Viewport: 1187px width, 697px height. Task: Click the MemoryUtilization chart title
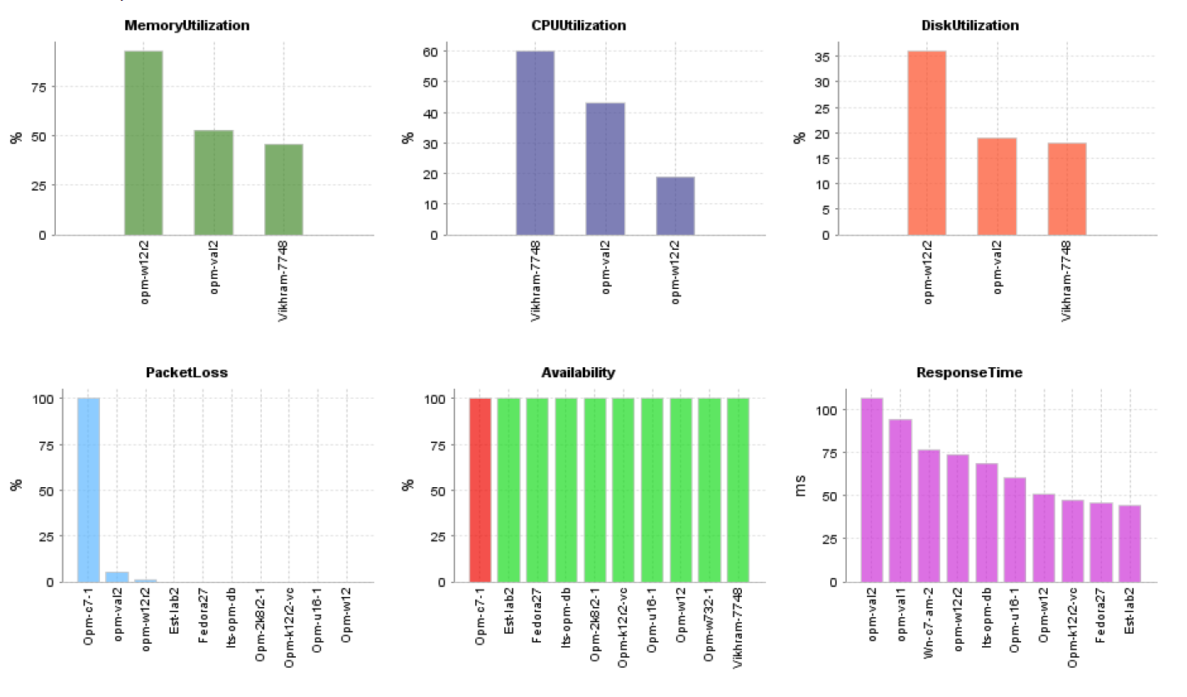187,26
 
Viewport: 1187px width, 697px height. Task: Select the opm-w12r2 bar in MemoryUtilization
143,142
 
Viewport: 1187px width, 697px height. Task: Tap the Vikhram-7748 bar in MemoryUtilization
283,189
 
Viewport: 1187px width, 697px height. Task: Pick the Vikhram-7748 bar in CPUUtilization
534,142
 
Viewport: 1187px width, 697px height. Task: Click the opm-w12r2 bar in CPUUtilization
674,206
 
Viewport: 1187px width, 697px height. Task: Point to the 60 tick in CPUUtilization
430,52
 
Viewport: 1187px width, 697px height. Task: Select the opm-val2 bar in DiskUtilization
996,186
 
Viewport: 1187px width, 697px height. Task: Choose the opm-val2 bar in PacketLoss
117,576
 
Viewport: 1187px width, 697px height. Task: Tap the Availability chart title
580,373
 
